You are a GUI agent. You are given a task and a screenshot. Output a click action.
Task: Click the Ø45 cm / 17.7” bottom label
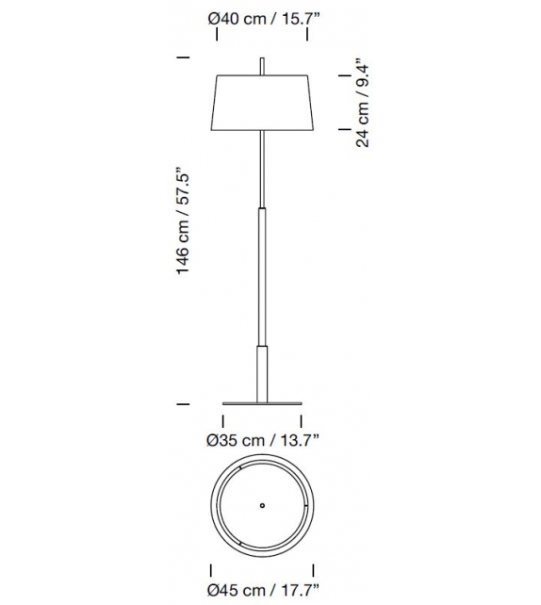point(263,591)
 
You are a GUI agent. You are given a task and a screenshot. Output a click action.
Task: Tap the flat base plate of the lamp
point(261,399)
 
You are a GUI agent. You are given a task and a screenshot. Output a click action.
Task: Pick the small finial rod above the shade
point(261,65)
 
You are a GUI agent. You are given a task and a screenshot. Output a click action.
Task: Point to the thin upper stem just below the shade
point(261,170)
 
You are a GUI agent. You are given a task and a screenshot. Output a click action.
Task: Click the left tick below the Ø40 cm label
point(216,37)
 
